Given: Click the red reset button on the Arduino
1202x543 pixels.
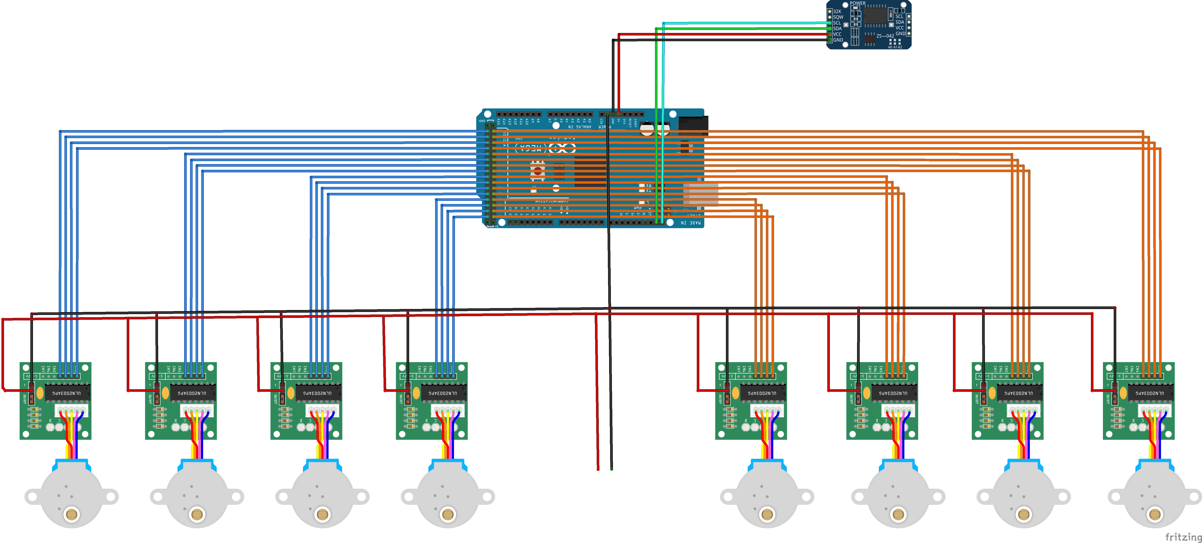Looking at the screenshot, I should point(538,171).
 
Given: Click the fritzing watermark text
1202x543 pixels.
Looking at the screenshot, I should point(1183,537).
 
